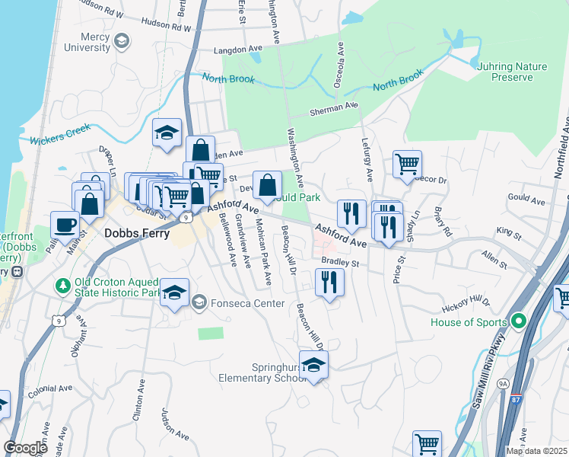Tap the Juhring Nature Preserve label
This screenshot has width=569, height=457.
tap(511, 72)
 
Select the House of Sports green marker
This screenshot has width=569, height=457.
tap(520, 321)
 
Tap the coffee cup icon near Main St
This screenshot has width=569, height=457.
tap(64, 225)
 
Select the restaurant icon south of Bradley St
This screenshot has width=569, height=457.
tap(329, 283)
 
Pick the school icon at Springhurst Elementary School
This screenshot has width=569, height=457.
tap(313, 365)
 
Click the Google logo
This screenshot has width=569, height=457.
tap(25, 447)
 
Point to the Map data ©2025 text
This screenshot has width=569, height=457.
tap(536, 451)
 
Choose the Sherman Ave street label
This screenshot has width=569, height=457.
tap(333, 110)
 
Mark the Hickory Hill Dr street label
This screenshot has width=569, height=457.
tap(467, 306)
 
